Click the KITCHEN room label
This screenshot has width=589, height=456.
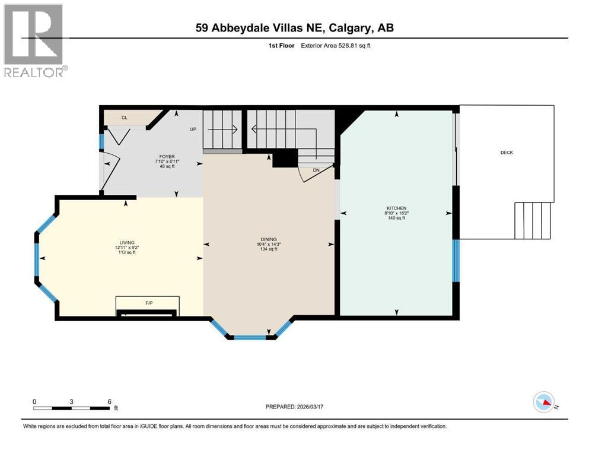[396, 208]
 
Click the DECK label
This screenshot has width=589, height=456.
[507, 153]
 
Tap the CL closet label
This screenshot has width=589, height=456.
[125, 118]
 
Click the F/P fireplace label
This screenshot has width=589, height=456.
[149, 303]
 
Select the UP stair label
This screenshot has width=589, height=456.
[193, 129]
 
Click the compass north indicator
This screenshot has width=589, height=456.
[544, 403]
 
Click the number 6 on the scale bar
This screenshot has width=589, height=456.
[109, 401]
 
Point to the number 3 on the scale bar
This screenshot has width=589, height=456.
[71, 401]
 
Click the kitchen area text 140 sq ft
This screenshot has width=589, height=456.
[396, 218]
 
